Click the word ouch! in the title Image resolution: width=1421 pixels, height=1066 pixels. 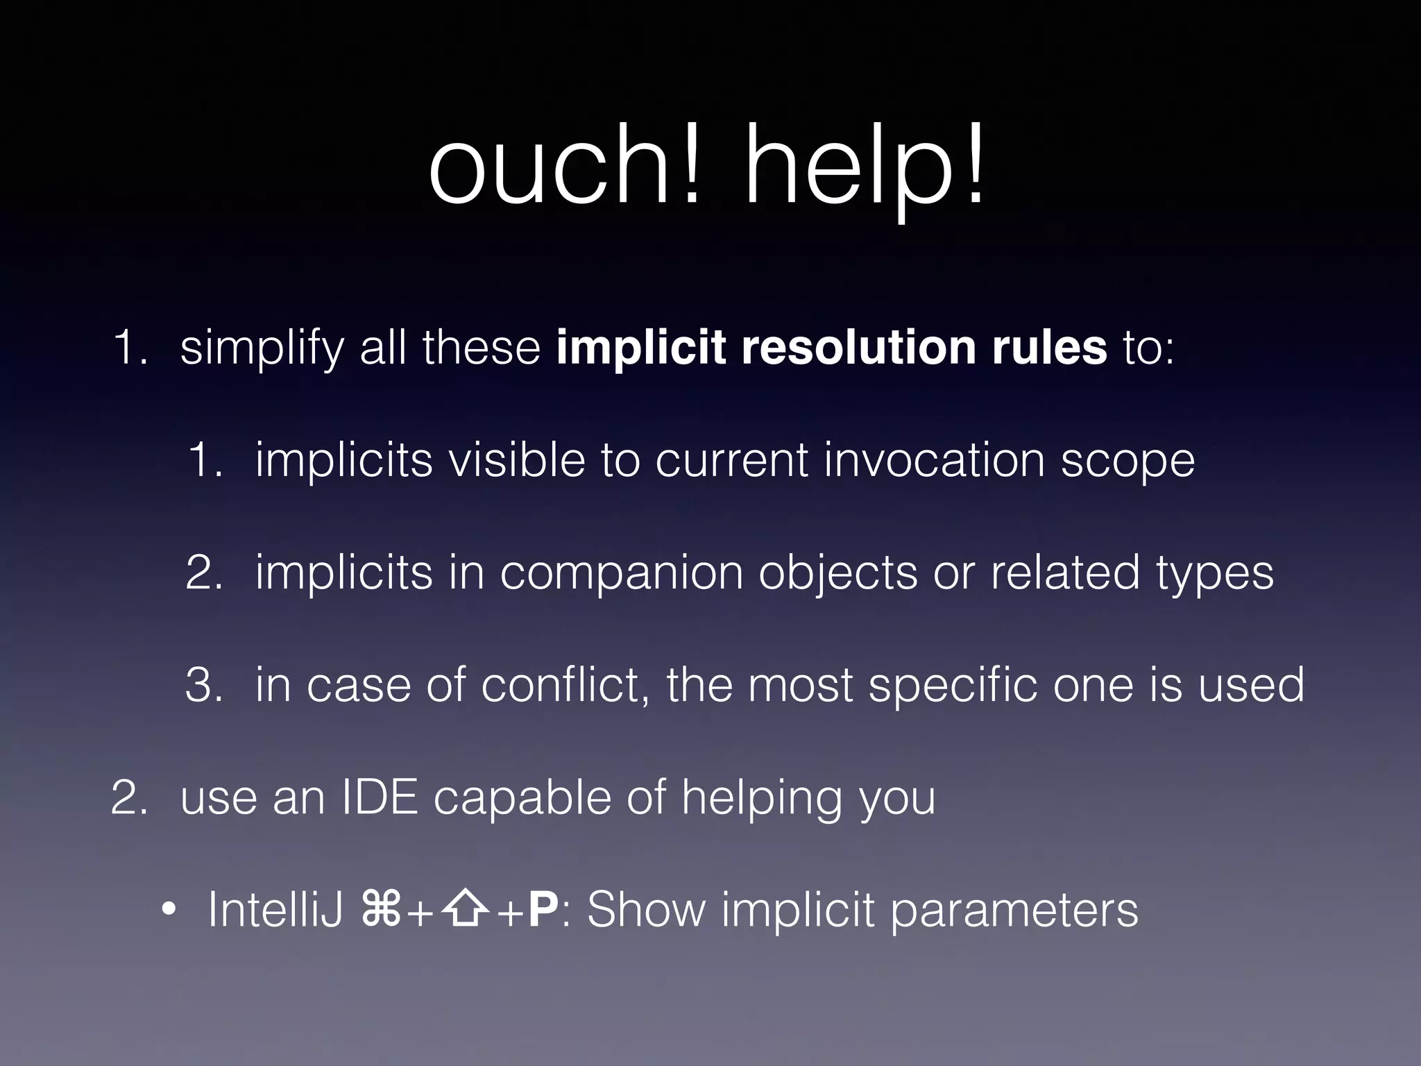pos(565,167)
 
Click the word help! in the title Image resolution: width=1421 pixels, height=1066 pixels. pos(865,167)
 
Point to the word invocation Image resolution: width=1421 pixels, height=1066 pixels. pos(934,460)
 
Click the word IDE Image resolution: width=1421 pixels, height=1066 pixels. pos(380,797)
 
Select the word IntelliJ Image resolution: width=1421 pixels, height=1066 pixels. pos(275,910)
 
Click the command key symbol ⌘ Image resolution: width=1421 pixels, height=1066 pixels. pos(381,911)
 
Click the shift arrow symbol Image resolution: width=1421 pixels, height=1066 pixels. pos(465,911)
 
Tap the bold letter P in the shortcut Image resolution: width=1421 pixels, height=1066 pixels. pos(543,910)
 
